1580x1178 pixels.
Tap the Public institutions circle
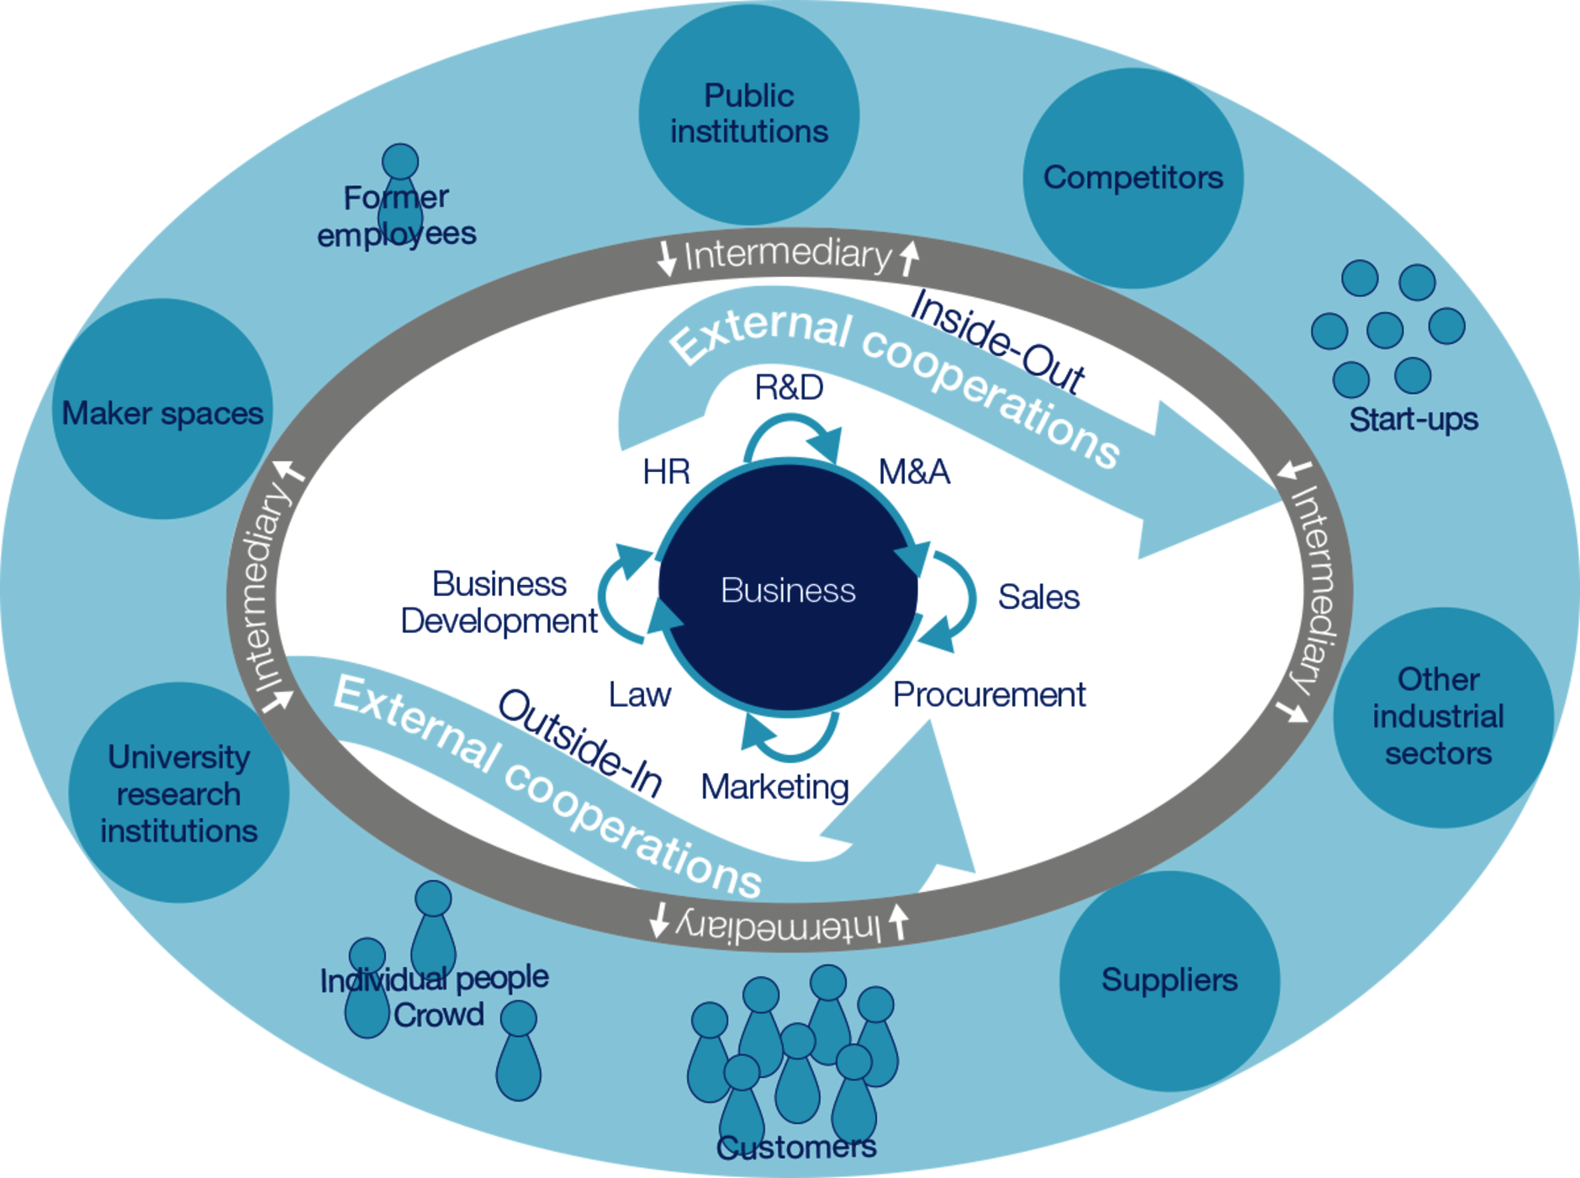(x=748, y=114)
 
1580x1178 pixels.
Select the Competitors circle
(x=1133, y=178)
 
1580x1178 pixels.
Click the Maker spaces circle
(x=162, y=409)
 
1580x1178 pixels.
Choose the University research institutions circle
(x=179, y=793)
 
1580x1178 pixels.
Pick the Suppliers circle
(x=1170, y=981)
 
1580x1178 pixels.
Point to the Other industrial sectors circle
(x=1443, y=718)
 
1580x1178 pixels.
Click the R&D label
(x=789, y=387)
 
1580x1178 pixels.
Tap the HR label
(x=666, y=472)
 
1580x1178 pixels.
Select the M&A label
(x=914, y=472)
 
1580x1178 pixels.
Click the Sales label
(x=1038, y=597)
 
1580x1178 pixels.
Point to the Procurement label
(x=989, y=695)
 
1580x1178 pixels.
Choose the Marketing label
(x=774, y=788)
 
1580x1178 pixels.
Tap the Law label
(x=640, y=695)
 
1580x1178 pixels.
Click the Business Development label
(x=499, y=602)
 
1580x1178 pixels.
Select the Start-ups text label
(x=1414, y=419)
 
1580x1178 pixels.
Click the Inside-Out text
(x=997, y=341)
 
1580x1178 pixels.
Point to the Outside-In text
(x=580, y=743)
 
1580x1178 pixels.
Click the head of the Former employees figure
(x=400, y=162)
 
